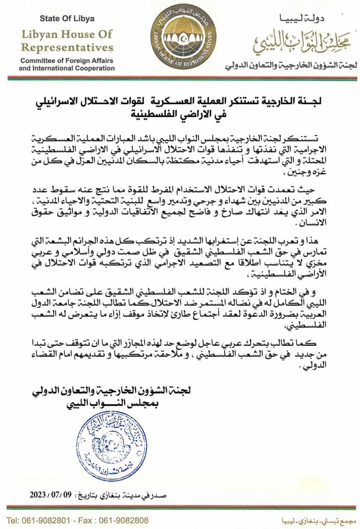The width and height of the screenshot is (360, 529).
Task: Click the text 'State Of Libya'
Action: (x=67, y=19)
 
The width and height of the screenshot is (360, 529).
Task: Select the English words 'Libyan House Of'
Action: (x=67, y=34)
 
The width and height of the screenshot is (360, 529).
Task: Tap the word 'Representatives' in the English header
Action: (x=67, y=47)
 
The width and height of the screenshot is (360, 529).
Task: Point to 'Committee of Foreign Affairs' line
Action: (x=67, y=61)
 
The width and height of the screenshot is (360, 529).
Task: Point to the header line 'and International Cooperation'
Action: (x=67, y=68)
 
